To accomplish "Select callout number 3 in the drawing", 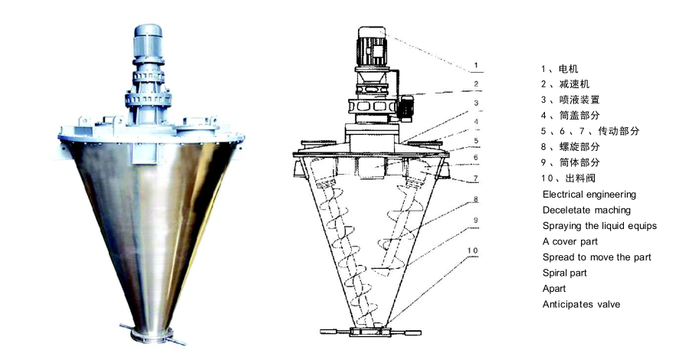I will (476, 102).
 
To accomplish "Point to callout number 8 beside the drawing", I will (476, 200).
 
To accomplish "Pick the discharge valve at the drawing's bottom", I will (370, 332).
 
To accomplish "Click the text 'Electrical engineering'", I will (589, 195).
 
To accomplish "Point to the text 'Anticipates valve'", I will (581, 304).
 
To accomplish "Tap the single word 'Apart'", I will (554, 289).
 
